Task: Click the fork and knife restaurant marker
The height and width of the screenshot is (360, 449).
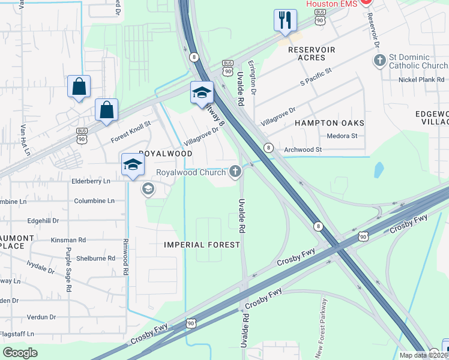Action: tap(285, 20)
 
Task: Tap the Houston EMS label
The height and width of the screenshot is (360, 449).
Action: tap(332, 4)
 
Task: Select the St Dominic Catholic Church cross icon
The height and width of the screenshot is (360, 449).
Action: tap(379, 61)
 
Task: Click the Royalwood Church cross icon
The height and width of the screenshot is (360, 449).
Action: tap(235, 172)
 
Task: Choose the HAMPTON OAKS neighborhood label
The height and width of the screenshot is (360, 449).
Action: tap(330, 122)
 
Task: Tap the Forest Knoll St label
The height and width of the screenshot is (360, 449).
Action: tap(130, 133)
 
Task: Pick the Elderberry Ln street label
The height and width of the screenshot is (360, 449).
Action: tap(91, 181)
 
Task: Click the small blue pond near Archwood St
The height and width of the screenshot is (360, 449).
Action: tap(378, 170)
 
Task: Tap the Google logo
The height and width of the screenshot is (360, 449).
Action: tap(19, 352)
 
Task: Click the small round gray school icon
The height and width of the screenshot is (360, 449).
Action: tap(147, 190)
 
